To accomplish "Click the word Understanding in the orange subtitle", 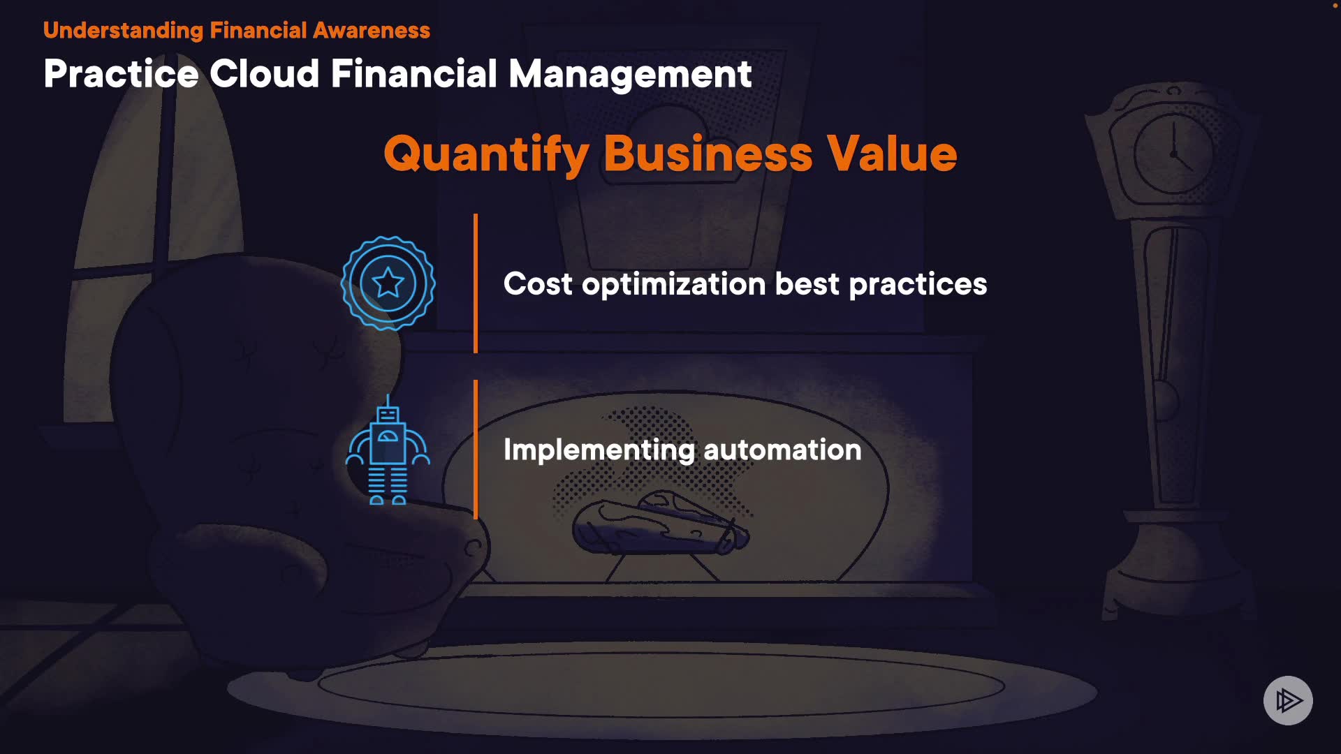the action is point(123,31).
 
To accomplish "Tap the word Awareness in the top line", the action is point(372,31).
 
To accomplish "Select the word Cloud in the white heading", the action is point(265,73).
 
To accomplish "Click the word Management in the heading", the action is point(630,75).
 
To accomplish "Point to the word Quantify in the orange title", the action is point(486,154).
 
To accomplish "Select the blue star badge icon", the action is point(388,283).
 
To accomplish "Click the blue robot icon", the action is point(388,449).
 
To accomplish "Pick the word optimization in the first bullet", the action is point(674,285).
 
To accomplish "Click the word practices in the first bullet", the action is point(918,285).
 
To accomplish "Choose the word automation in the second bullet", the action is point(782,450).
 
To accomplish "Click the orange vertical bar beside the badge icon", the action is point(476,283).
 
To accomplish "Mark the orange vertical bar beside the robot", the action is point(476,450).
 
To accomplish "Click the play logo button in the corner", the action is point(1288,700).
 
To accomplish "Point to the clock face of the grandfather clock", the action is point(1173,154).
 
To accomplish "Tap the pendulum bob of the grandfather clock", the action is point(1166,401).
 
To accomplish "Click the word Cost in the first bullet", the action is point(538,284).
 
